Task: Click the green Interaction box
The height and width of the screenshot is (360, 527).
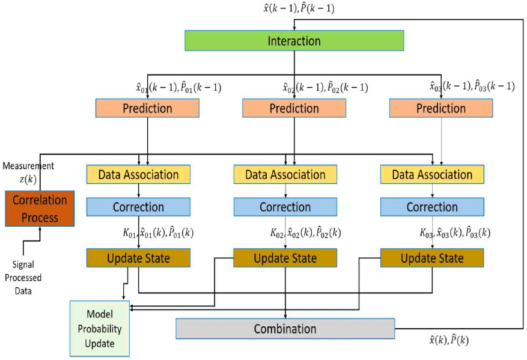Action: (294, 41)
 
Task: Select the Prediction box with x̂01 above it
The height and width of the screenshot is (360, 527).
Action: (147, 108)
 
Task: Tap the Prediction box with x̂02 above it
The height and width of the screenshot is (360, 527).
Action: (294, 108)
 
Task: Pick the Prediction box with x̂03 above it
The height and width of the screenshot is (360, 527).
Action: (440, 108)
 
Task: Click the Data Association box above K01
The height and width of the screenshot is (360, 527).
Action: (138, 174)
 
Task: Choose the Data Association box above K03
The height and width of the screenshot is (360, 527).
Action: (432, 174)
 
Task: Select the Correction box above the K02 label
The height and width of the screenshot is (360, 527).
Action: (285, 207)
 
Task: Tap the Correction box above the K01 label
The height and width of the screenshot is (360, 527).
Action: (138, 207)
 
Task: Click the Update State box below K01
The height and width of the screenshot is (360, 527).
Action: (138, 258)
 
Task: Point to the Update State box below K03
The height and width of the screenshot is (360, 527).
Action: (432, 258)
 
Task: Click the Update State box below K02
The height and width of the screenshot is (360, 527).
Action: (285, 258)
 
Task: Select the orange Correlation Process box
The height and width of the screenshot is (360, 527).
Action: (40, 208)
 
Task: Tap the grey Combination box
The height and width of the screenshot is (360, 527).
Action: (285, 329)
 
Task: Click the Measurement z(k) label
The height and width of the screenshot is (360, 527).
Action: (28, 171)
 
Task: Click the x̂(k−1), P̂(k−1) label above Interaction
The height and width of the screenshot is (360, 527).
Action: (294, 8)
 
